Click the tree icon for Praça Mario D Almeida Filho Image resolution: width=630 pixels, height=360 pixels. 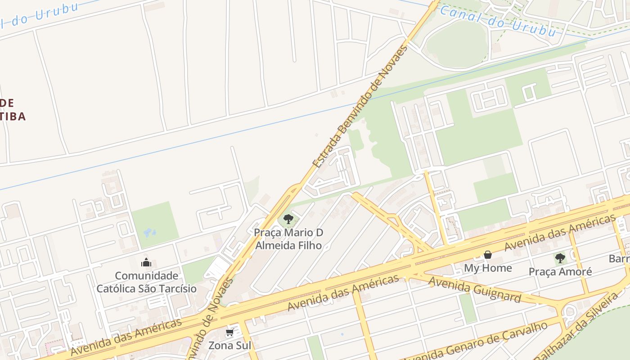coord(288,220)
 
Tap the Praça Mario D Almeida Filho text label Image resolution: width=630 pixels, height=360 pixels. coord(288,239)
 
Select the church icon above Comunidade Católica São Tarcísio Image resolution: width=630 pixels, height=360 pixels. coord(146,262)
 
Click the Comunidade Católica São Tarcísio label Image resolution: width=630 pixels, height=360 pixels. coord(147,282)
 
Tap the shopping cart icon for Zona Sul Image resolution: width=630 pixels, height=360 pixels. coord(229,333)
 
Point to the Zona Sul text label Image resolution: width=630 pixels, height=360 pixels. coord(229,346)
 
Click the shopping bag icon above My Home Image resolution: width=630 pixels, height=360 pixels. coord(488,255)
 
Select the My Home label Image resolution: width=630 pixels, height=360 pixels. coord(488,268)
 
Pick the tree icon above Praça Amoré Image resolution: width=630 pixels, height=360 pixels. coord(560,258)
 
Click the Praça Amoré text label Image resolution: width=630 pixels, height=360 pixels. coord(560,272)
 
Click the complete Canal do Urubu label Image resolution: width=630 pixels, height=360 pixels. coord(498,21)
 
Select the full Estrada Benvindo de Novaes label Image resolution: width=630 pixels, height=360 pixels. coord(360,107)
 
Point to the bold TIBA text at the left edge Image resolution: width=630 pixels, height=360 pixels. coord(13,117)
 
